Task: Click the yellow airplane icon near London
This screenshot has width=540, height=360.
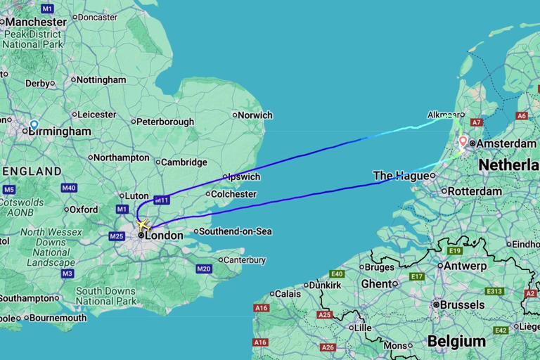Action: point(143,226)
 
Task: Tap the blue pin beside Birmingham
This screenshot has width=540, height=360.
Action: point(34,126)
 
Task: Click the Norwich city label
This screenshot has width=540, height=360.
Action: point(255,115)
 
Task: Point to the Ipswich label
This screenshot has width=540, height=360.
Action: point(243,177)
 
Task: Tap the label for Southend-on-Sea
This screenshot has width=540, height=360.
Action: point(235,231)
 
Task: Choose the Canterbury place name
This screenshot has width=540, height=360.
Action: point(246,260)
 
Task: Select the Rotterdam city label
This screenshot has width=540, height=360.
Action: point(475,191)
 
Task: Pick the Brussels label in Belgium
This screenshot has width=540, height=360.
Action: point(461,305)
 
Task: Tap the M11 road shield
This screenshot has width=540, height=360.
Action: point(162,200)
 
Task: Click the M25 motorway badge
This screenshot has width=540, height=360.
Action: point(117,236)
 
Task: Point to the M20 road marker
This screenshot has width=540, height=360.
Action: point(204,269)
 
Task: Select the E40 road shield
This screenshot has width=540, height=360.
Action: point(337,274)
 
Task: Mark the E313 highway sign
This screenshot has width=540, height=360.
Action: point(494,291)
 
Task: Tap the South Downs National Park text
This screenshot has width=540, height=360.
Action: point(106,296)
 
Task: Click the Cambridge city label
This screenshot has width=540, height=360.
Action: point(184,162)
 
